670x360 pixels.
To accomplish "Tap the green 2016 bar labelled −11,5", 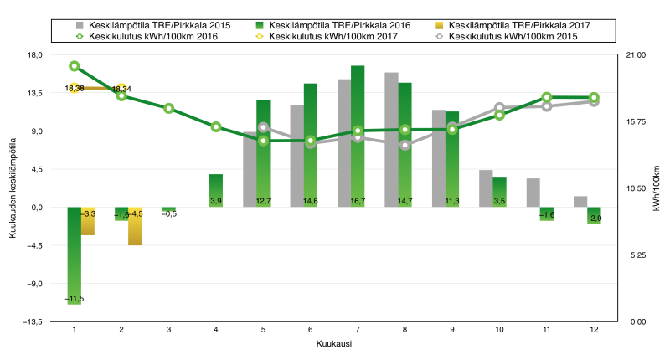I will [75, 255].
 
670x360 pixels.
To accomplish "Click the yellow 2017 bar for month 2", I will [135, 226].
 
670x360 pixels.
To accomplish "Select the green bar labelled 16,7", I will [358, 136].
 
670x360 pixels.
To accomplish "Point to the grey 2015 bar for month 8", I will [391, 140].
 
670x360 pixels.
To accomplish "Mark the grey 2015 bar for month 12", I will [580, 202].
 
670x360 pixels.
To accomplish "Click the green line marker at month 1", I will [75, 66].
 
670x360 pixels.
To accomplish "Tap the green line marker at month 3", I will [168, 109].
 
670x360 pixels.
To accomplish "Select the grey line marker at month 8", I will [405, 146].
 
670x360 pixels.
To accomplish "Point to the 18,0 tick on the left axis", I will [35, 55].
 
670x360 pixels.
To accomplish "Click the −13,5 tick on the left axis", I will [33, 321].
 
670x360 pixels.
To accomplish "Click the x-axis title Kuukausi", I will [332, 344].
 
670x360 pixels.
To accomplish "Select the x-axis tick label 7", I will [358, 330].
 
